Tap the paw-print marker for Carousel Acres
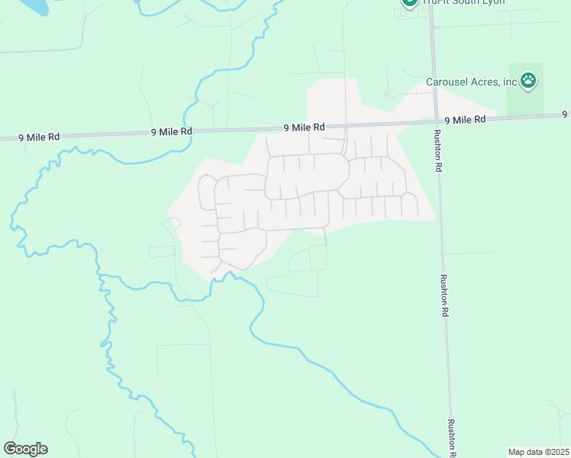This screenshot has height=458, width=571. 528,79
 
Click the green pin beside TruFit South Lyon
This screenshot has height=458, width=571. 408,2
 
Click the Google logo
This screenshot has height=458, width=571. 25,449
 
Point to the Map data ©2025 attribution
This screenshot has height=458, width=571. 538,452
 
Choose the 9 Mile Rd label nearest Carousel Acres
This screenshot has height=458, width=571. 465,120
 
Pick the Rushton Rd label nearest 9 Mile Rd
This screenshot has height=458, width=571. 438,150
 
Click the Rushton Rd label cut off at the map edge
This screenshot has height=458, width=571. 452,438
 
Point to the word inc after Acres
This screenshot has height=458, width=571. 511,82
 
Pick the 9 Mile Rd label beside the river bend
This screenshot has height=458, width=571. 171,132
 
